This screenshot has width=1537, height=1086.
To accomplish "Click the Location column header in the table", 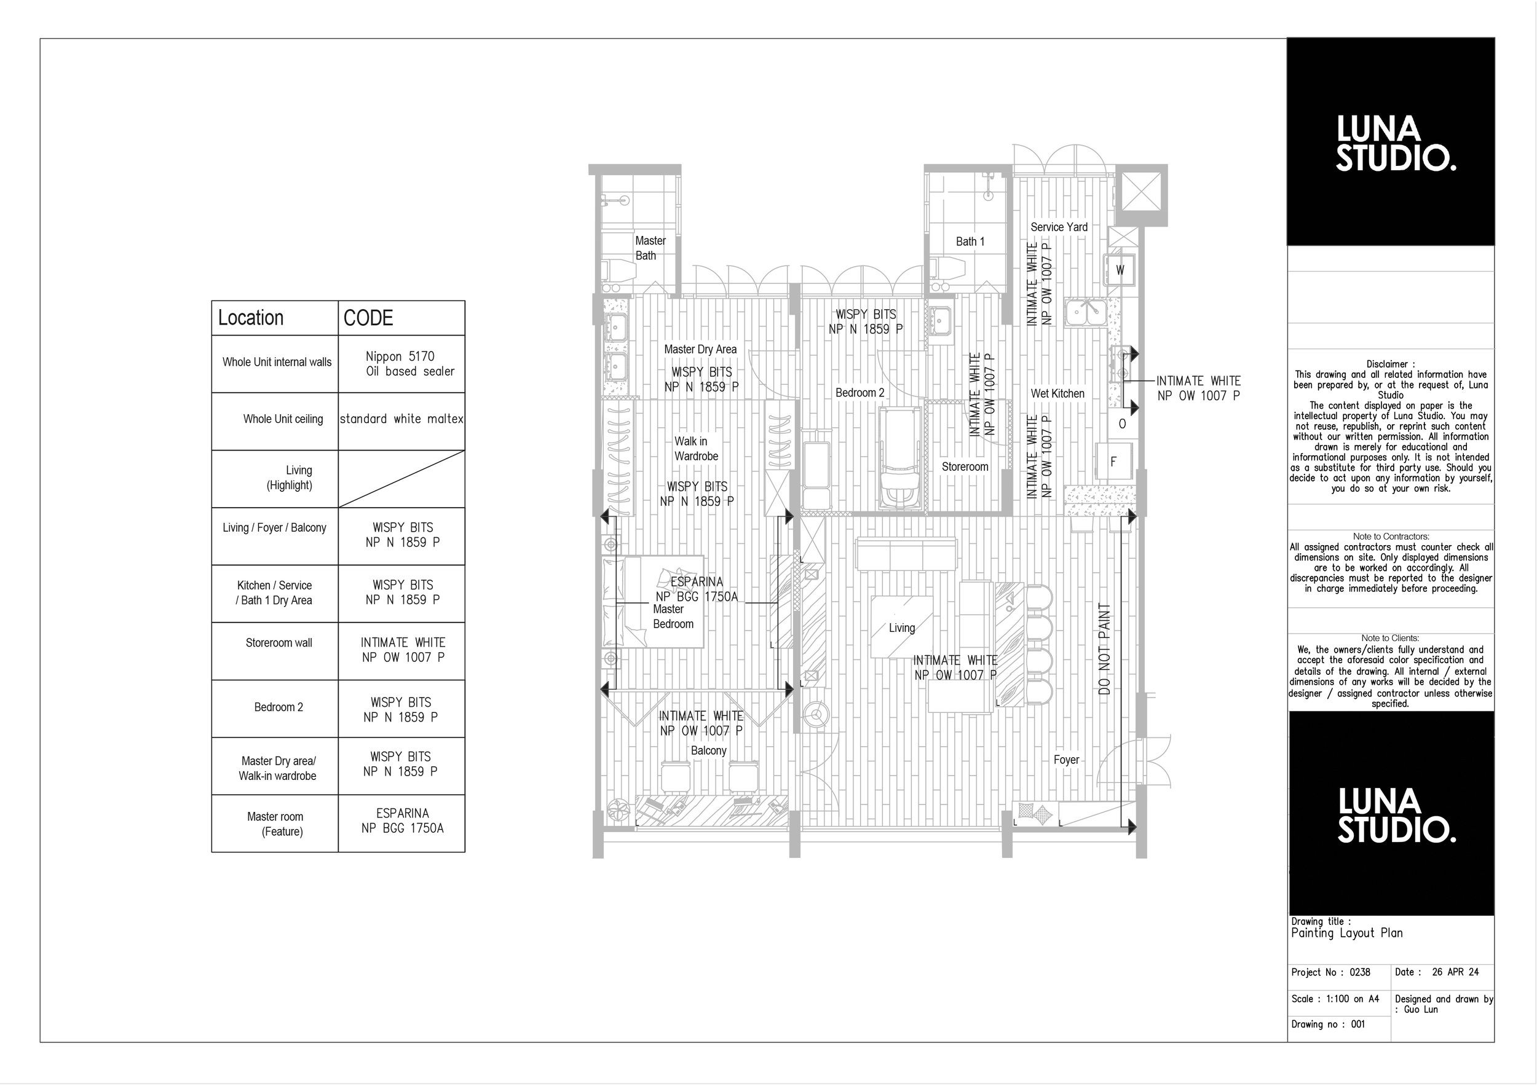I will (251, 318).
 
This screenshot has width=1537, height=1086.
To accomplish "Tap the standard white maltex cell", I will (401, 419).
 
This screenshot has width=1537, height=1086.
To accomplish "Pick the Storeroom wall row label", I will (279, 643).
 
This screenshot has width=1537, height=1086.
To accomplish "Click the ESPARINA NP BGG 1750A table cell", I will (401, 821).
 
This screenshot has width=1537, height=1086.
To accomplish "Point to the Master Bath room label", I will (649, 248).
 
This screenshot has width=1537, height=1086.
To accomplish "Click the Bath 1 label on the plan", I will (970, 242).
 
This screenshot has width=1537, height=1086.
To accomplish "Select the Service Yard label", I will (1058, 227).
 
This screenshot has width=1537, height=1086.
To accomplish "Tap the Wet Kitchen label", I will (1057, 393).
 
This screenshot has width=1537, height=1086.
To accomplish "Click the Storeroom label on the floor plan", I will (965, 466).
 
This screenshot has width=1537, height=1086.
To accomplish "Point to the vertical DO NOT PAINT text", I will (1105, 648).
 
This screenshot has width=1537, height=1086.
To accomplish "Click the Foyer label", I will (1065, 760).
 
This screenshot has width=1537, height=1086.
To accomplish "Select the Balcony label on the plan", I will (708, 751).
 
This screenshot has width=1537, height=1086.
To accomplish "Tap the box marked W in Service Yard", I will (1120, 270).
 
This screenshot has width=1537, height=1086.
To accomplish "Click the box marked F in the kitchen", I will (1113, 462).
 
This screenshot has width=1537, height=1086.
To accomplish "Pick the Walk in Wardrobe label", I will (695, 448).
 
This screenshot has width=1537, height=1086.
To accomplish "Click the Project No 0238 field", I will (1330, 972).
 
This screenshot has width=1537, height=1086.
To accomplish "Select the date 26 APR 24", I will (1455, 972).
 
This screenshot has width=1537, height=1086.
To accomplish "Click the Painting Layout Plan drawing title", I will (1346, 933).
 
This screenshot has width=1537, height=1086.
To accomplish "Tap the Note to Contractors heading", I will (1391, 537).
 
